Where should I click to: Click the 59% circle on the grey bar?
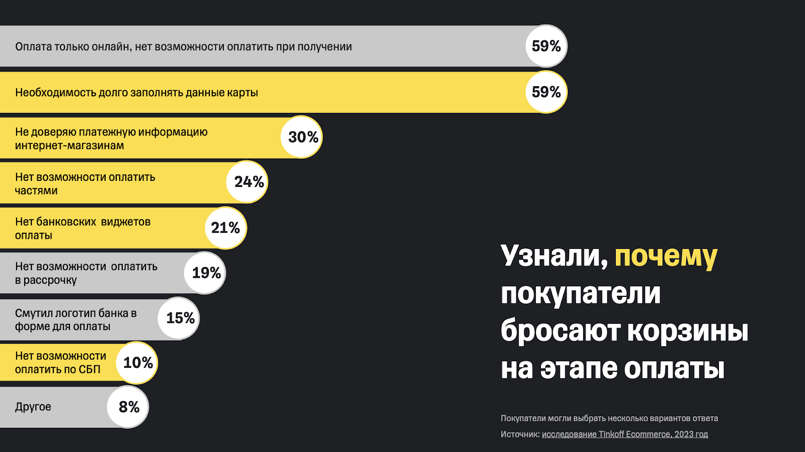pos(546,46)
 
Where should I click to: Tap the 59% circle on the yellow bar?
pos(546,92)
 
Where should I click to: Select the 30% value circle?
pos(302,137)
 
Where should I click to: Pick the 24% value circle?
pos(248,182)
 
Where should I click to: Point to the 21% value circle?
pos(226,228)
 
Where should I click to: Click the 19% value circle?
pos(205,273)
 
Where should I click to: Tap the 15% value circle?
pos(179,318)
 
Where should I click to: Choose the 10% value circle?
pos(137,362)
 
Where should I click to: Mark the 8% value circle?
pos(128,407)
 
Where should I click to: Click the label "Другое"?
pos(33,407)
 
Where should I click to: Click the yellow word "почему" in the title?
pos(666,256)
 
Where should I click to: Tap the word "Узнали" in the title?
pos(553,256)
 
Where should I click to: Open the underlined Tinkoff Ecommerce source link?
pos(624,434)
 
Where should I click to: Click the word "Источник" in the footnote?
pos(520,434)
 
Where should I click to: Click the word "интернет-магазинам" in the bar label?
pos(69,146)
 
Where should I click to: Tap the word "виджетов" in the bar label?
pos(126,222)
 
